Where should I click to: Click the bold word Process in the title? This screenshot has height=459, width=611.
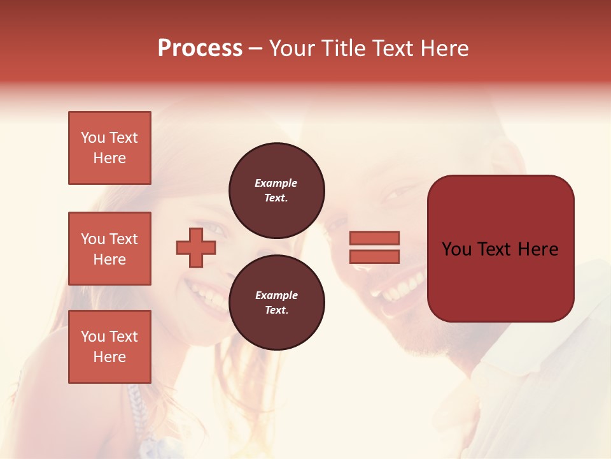pyautogui.click(x=200, y=48)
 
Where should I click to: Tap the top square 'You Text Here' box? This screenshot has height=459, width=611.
pyautogui.click(x=109, y=148)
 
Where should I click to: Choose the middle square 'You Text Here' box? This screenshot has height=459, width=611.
pyautogui.click(x=109, y=249)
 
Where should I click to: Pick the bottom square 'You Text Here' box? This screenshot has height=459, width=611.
pyautogui.click(x=109, y=347)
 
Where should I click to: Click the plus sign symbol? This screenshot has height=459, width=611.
pyautogui.click(x=196, y=247)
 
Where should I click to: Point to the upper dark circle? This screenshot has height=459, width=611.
pyautogui.click(x=276, y=190)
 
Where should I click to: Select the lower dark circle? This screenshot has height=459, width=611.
pyautogui.click(x=276, y=303)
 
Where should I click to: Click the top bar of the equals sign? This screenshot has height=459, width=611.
pyautogui.click(x=374, y=238)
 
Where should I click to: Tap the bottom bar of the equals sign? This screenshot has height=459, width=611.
pyautogui.click(x=374, y=256)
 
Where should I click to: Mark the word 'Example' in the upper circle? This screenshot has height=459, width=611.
pyautogui.click(x=276, y=183)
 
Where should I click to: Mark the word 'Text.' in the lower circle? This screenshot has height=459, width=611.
pyautogui.click(x=276, y=310)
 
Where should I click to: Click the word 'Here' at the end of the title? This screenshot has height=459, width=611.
pyautogui.click(x=445, y=48)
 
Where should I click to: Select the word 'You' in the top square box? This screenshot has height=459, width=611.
pyautogui.click(x=93, y=138)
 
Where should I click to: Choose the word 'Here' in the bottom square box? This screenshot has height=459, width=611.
pyautogui.click(x=109, y=357)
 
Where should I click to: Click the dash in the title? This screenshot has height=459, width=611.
pyautogui.click(x=255, y=48)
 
